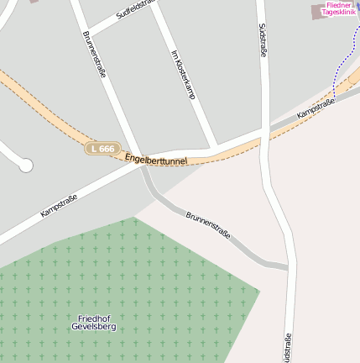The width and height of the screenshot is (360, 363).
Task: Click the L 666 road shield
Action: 102,149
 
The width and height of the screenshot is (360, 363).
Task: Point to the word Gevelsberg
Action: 93,326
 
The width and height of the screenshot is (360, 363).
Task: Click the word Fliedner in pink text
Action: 338,5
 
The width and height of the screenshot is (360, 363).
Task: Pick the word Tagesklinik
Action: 338,13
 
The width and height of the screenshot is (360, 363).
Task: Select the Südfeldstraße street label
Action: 136,11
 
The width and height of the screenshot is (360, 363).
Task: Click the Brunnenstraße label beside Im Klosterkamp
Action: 94,55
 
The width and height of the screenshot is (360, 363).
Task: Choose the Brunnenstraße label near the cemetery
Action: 207,224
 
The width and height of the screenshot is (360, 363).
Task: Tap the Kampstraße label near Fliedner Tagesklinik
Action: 316,107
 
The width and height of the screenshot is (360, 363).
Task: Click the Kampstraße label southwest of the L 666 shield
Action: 59,206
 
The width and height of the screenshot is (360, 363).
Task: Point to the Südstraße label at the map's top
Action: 263,41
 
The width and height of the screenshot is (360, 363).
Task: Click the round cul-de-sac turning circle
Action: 26,166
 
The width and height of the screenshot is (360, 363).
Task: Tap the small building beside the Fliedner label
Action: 316,12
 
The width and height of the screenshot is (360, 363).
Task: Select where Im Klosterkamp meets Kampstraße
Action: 216,148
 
